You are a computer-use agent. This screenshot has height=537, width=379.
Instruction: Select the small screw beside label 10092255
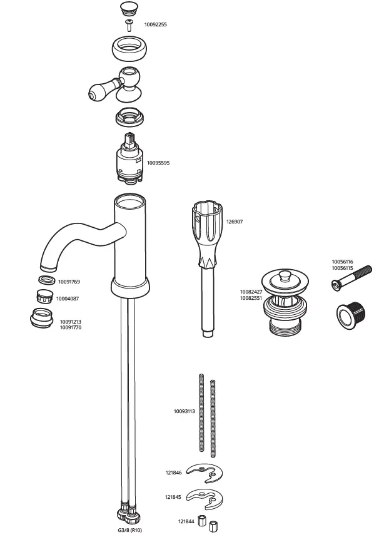(x=130, y=25)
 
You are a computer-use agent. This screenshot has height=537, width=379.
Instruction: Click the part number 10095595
(x=158, y=163)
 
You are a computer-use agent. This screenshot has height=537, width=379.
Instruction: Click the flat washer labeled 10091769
(x=46, y=281)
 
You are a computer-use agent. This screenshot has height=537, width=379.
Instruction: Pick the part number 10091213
(x=70, y=322)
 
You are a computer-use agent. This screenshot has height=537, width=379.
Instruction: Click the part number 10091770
(x=70, y=327)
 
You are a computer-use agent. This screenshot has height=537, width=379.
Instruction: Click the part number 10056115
(x=342, y=268)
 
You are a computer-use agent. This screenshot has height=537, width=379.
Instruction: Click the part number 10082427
(x=251, y=292)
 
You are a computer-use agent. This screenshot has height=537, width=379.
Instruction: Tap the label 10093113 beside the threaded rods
(x=184, y=411)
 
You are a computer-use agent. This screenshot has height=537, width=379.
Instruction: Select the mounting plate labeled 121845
(x=206, y=497)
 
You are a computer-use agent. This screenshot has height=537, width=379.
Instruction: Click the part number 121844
(x=186, y=521)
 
